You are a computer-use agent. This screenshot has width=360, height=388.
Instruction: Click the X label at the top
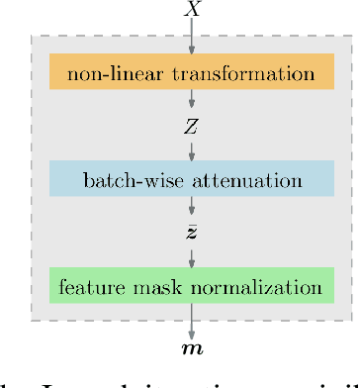[x=191, y=10]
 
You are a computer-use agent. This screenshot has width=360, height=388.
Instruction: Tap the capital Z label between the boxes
[x=191, y=126]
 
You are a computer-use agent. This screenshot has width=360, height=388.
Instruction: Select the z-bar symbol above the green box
[x=191, y=234]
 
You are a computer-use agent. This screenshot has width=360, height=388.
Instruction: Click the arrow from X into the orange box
[x=191, y=37]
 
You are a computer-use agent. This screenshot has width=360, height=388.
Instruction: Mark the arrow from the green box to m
[x=191, y=319]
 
